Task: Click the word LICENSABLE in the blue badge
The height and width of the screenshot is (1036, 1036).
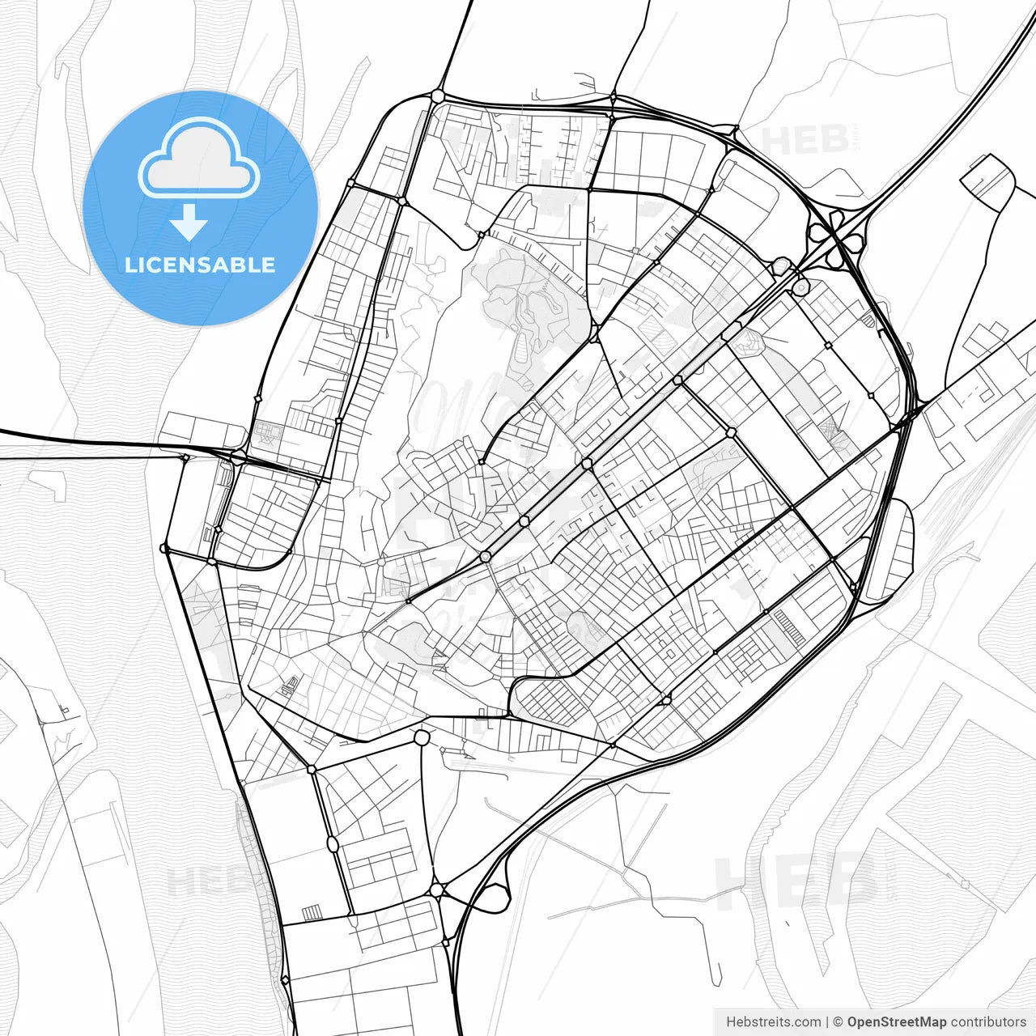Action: [x=200, y=265]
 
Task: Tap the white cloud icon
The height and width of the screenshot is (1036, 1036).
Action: [x=199, y=159]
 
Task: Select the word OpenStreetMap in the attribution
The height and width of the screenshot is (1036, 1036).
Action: [x=897, y=1022]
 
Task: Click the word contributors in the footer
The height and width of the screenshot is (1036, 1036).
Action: [x=988, y=1022]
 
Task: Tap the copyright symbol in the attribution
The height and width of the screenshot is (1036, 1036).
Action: [x=839, y=1022]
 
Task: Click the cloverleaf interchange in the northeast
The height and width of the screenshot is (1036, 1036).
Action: [x=837, y=234]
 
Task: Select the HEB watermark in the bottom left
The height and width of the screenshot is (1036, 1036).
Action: [x=202, y=881]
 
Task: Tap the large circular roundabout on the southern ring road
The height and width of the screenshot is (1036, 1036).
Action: [x=421, y=738]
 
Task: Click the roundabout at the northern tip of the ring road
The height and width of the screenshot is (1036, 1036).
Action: [x=438, y=96]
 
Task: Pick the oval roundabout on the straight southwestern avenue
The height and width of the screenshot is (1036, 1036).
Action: [x=333, y=844]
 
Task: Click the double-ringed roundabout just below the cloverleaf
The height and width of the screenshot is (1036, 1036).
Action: [x=800, y=287]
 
